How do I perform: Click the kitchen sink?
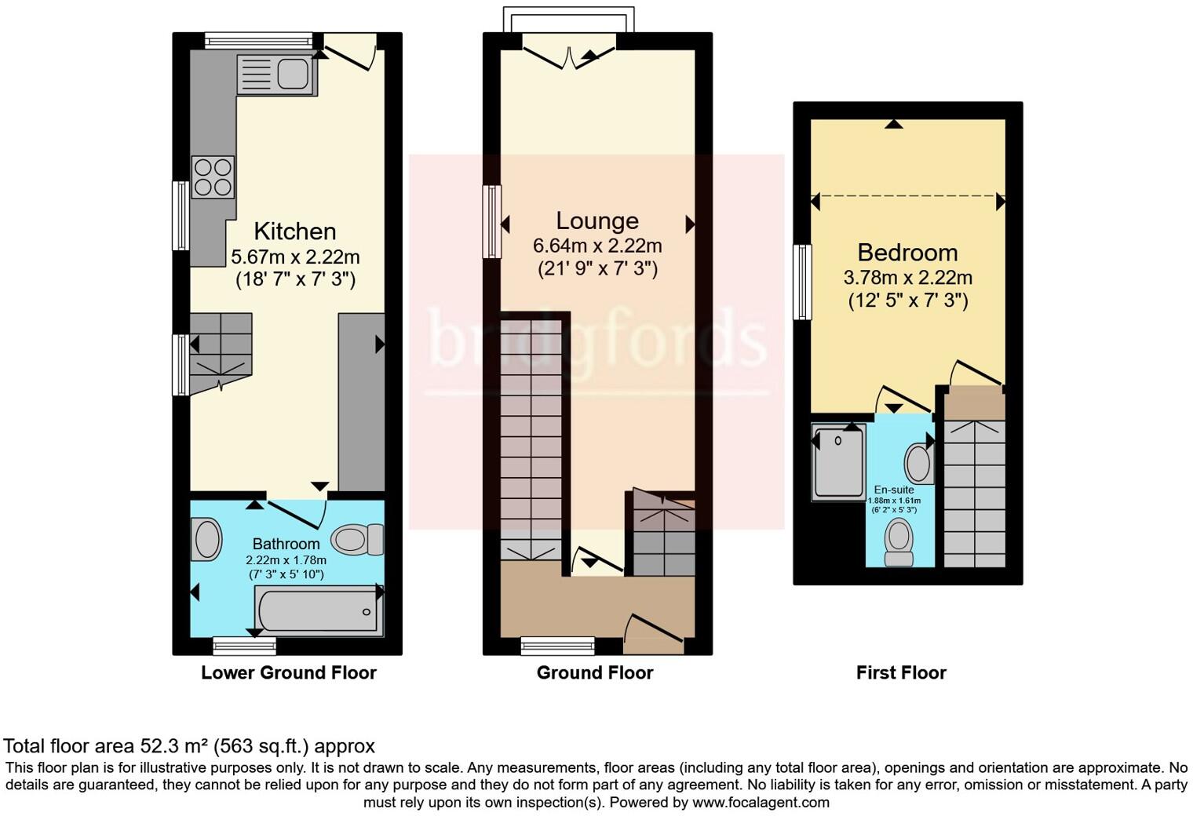coord(276,75)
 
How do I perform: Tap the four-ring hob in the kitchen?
coord(213,177)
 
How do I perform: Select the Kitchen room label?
coord(294,231)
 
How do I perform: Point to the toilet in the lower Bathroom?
coord(357,539)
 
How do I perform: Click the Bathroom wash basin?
coord(206,540)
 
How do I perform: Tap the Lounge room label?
coord(597,220)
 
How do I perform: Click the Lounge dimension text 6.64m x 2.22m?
coord(597,246)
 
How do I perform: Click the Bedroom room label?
coord(907,253)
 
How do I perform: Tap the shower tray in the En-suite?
coord(838,461)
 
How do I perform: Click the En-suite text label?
coord(895,490)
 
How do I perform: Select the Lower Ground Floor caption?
coord(289,672)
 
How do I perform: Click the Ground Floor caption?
coord(595,672)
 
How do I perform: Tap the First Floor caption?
coord(901,672)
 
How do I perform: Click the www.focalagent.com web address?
coord(761,802)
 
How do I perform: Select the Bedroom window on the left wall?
coord(801,282)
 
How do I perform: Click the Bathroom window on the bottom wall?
coord(244,646)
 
